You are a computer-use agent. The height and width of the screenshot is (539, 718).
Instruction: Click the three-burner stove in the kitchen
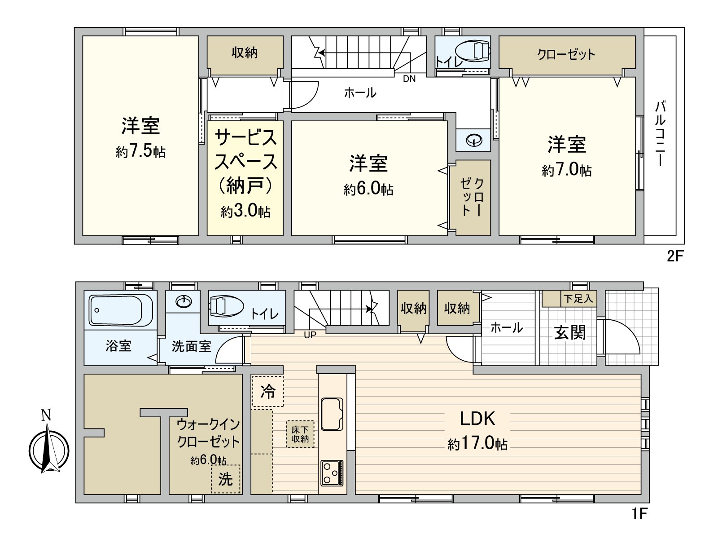pos(332,473)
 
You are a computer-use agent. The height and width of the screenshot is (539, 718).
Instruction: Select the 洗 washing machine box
pos(225,479)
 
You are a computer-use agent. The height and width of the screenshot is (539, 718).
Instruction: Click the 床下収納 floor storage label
pos(300,434)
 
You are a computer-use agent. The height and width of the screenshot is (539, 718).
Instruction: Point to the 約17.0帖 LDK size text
pos(477,444)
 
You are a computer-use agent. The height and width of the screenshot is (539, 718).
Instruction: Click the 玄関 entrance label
pos(569,333)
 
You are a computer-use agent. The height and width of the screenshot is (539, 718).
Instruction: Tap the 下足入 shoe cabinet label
pos(578,298)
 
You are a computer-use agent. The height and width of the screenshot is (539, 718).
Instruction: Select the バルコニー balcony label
pos(660,134)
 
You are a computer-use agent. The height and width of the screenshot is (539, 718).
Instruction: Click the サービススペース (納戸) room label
pos(245,161)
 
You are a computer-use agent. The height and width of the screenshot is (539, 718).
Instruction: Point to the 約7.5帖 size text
pos(140,152)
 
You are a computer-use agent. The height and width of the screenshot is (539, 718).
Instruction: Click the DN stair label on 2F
pos(409,79)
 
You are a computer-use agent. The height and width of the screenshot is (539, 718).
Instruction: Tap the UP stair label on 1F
pos(310,335)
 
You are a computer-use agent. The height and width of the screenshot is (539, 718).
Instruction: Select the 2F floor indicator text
pos(674,256)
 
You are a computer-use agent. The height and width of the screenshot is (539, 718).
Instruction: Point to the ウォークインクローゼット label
pos(208,433)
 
